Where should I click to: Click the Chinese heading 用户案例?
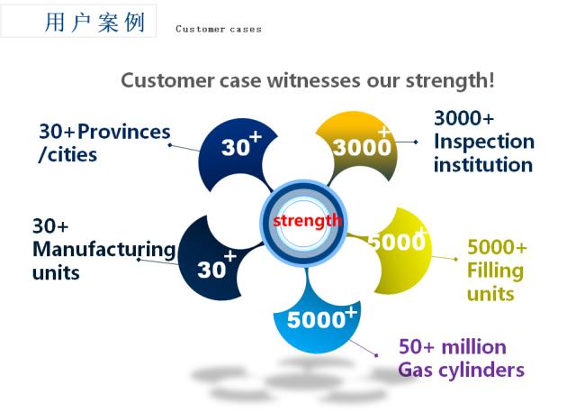click(94, 22)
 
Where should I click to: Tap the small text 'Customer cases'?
click(219, 29)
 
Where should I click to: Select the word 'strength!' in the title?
click(450, 81)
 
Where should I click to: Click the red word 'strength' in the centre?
click(307, 221)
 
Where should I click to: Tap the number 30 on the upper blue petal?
click(236, 147)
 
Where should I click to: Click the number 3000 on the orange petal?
click(362, 147)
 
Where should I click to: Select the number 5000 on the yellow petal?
click(397, 242)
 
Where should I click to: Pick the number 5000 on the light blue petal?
click(316, 320)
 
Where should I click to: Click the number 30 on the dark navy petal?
click(211, 270)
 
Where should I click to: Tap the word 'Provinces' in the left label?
click(124, 132)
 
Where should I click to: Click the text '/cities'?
click(67, 155)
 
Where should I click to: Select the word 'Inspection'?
click(484, 142)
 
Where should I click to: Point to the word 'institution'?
click(483, 165)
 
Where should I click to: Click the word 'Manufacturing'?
click(104, 250)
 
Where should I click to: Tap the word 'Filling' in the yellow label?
click(496, 271)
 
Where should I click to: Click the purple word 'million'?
click(473, 347)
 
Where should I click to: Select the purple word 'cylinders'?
click(481, 370)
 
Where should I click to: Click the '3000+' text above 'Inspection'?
click(463, 118)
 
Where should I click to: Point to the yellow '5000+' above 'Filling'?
click(497, 247)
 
